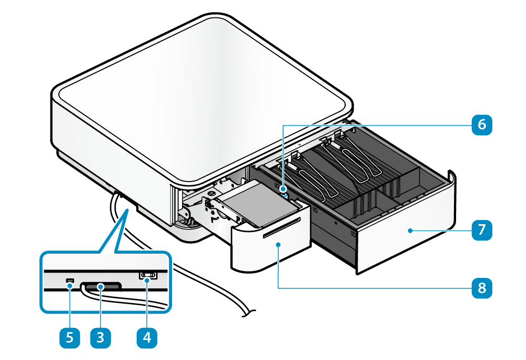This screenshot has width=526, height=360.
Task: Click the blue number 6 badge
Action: (x=482, y=125)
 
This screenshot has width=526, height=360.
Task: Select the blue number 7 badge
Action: (x=482, y=230)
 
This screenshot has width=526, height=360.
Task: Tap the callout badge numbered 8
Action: (x=482, y=287)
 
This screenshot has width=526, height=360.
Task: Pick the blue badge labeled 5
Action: (x=69, y=336)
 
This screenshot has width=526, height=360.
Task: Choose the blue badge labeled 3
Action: (x=100, y=336)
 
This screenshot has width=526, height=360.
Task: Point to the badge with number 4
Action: (x=147, y=336)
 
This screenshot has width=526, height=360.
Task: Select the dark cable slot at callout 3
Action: (x=101, y=286)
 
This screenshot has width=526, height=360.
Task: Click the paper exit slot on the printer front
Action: (x=281, y=226)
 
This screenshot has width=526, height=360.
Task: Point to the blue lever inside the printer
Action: (x=285, y=192)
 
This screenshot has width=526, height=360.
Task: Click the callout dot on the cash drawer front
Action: (x=409, y=230)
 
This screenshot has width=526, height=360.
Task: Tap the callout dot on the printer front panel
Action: (x=278, y=245)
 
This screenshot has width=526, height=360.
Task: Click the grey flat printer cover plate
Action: (x=252, y=203)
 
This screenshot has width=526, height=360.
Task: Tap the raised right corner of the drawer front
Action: (x=451, y=176)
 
